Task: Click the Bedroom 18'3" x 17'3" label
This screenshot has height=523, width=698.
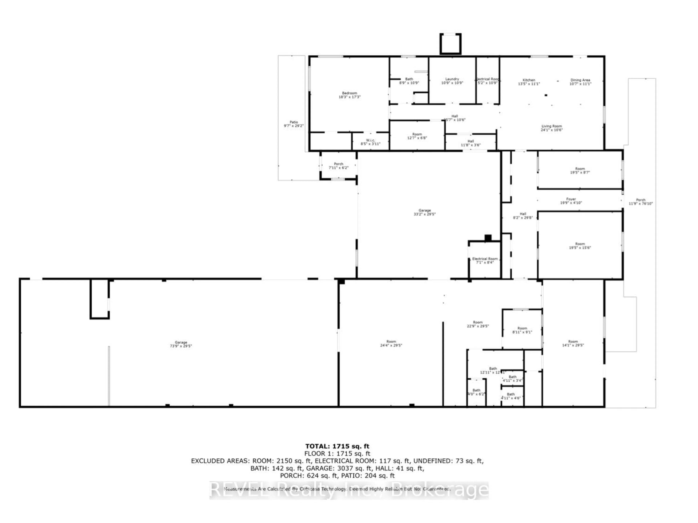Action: click(349, 95)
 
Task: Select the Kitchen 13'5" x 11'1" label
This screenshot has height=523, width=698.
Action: click(529, 82)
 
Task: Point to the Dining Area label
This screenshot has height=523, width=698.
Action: click(580, 82)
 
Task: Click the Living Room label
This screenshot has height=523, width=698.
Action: click(552, 128)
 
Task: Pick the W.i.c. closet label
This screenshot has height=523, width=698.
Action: click(370, 142)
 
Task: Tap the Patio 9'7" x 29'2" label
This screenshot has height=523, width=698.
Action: click(293, 124)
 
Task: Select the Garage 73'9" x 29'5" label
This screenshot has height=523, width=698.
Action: click(181, 344)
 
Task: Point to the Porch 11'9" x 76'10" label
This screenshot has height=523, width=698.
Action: click(641, 202)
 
